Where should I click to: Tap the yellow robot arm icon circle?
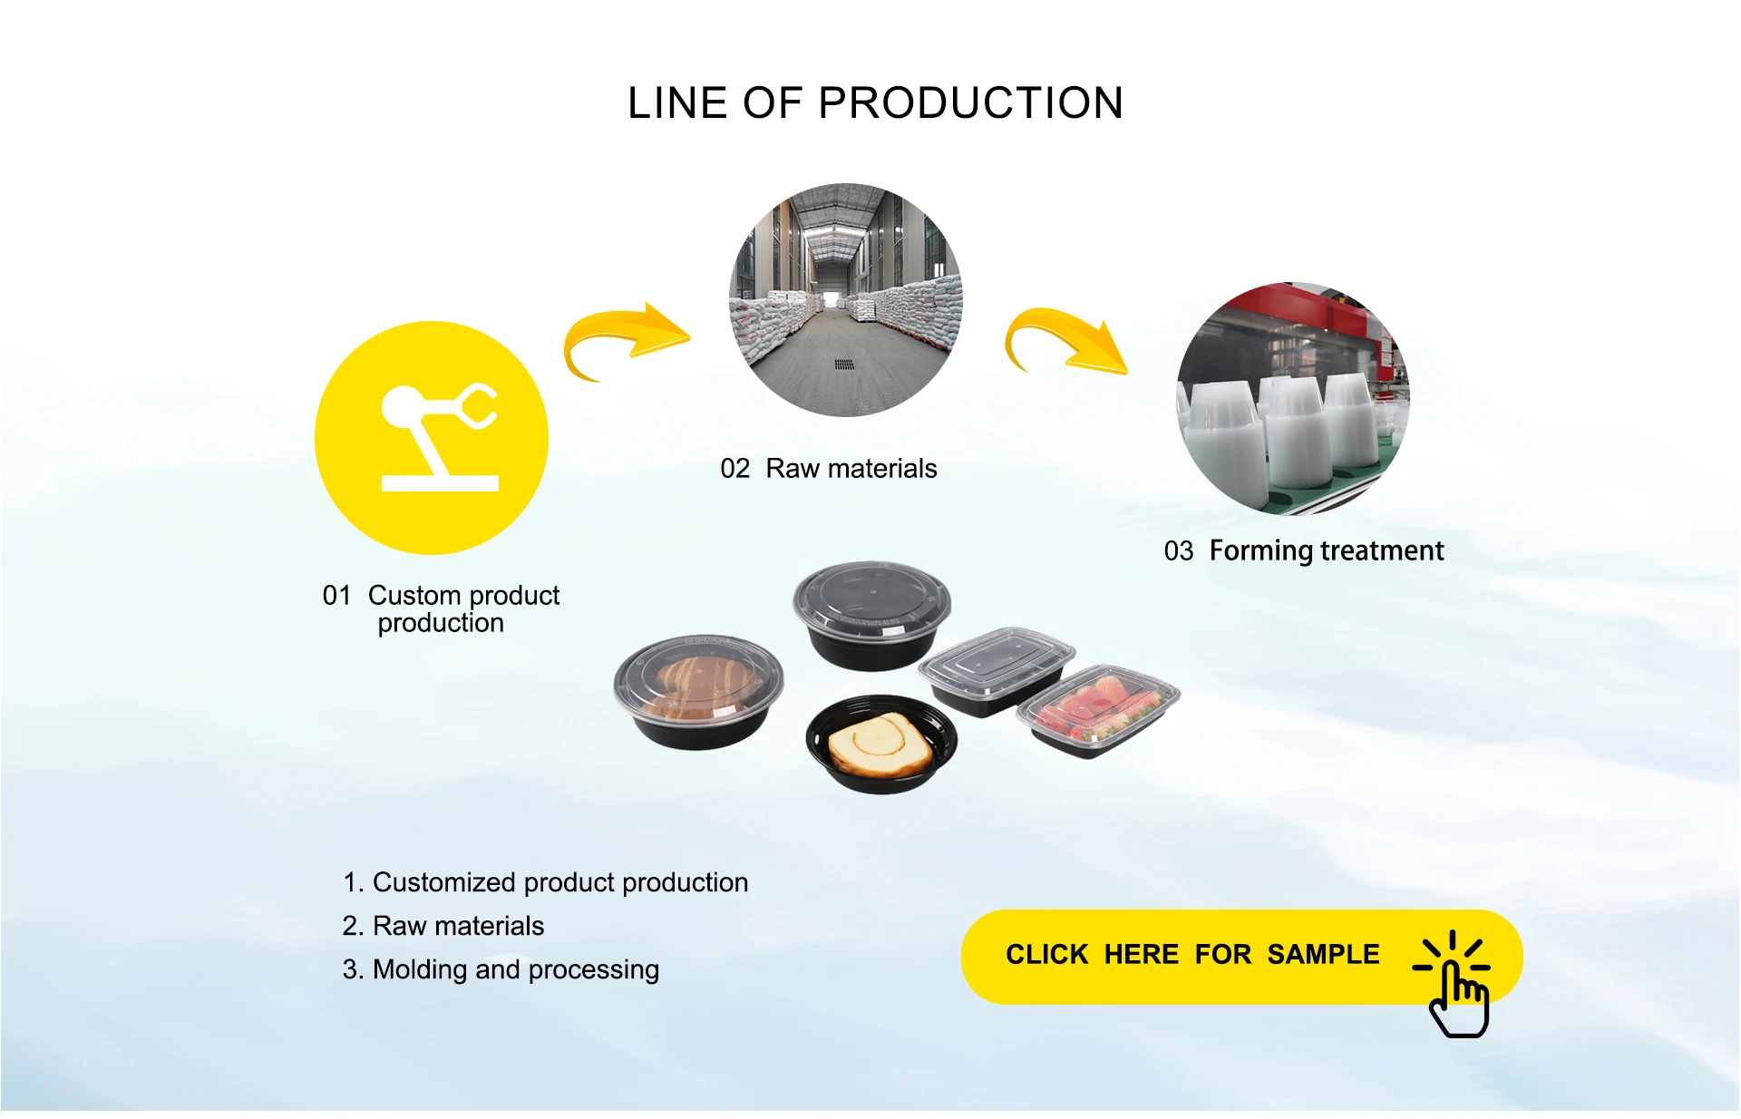coord(432,438)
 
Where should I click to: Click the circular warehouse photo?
coord(845,300)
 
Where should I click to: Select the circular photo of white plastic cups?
coord(1293,399)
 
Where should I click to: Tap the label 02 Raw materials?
coord(828,469)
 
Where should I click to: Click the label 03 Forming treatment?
coord(1303,550)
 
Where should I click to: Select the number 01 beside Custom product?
coord(336,596)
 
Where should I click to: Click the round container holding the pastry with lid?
coord(698,692)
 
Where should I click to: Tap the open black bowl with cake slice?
coord(880,744)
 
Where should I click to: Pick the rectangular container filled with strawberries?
coord(1098,711)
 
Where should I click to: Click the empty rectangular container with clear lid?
coord(996,670)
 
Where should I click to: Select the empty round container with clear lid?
coord(871,614)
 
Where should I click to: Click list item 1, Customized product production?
coord(545,882)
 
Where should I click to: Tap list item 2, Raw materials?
coord(443,926)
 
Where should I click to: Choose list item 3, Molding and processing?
coord(501,969)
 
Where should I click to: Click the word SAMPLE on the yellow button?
coord(1323,955)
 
